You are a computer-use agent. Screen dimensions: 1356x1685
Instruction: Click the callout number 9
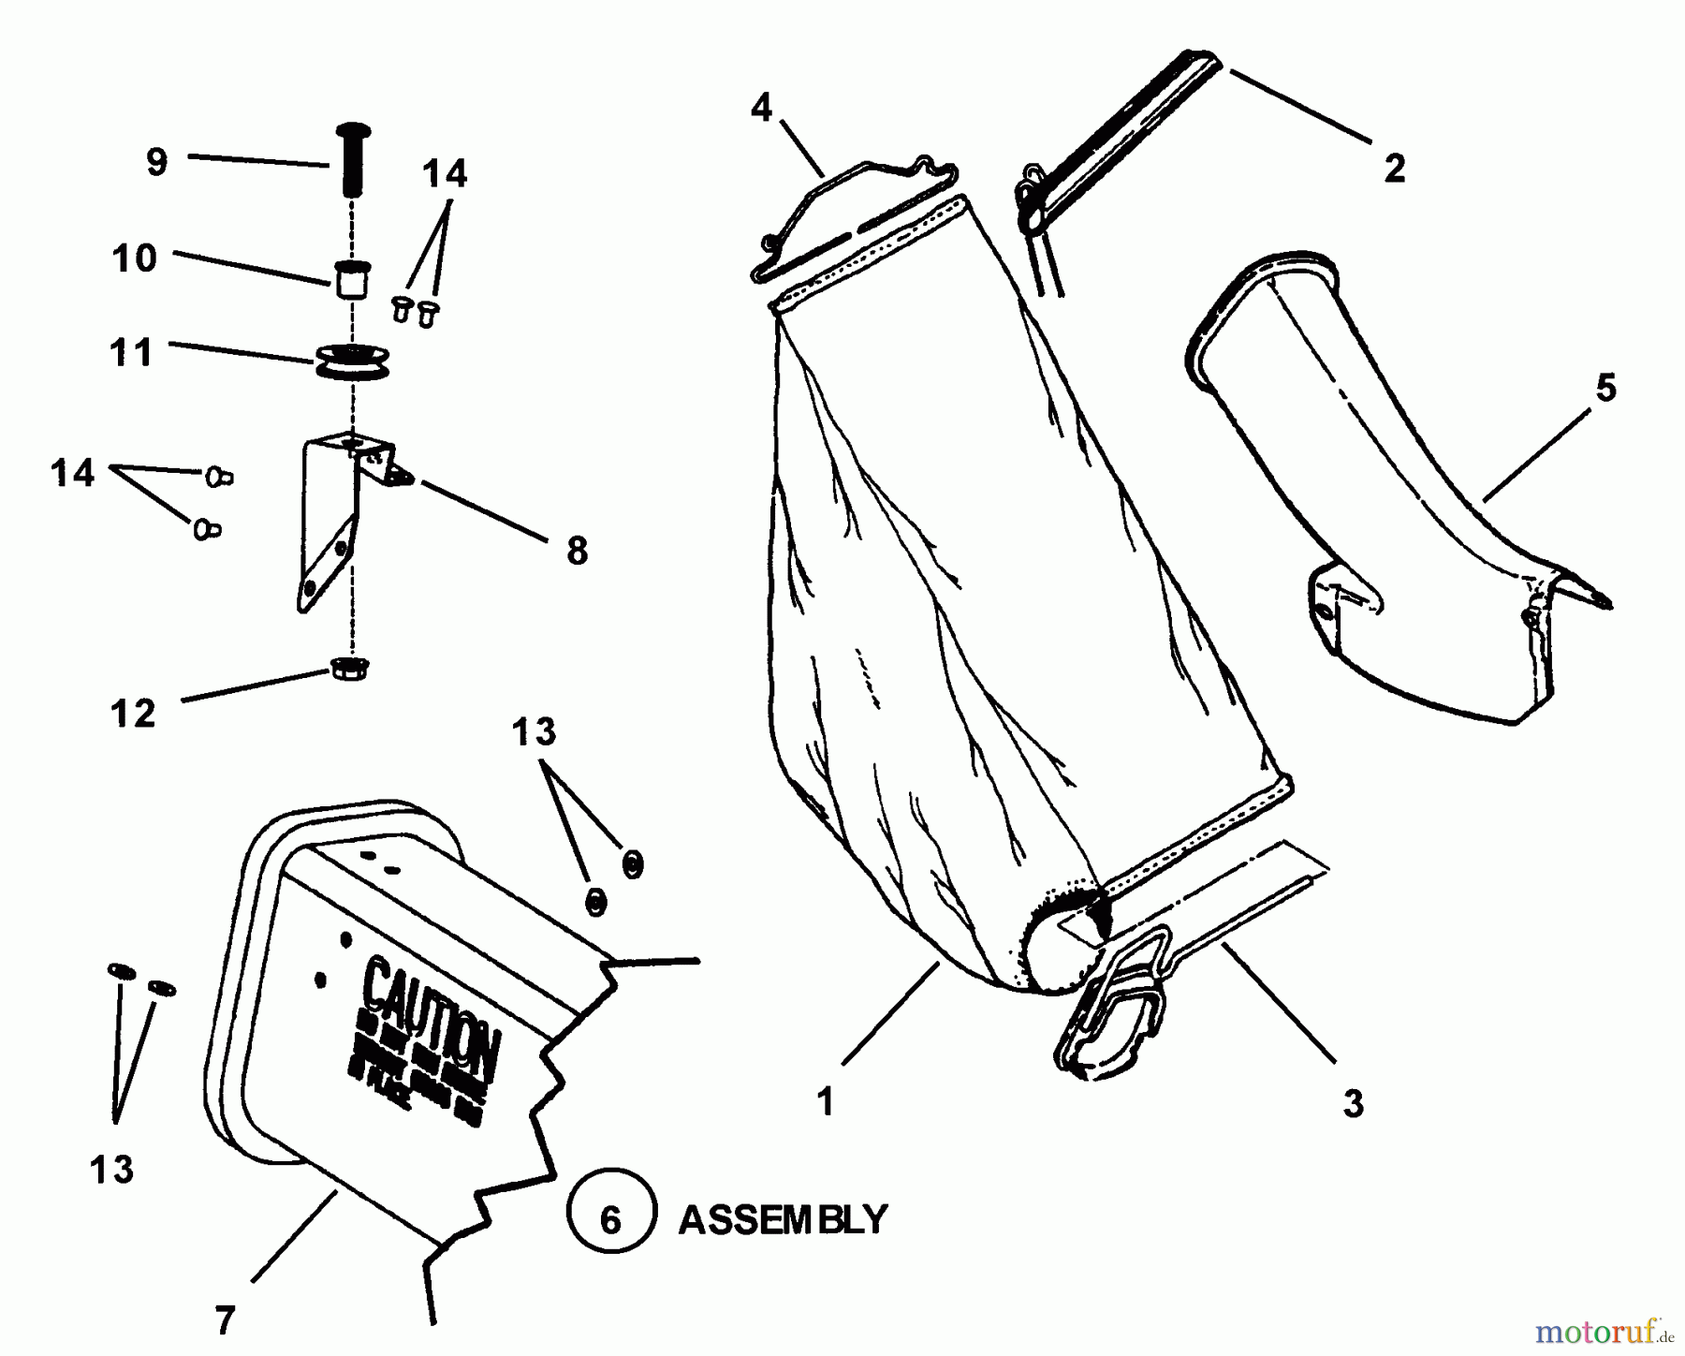tap(156, 162)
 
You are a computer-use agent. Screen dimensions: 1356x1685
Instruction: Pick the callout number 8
tap(578, 551)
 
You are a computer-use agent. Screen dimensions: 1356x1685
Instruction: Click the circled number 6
tap(610, 1220)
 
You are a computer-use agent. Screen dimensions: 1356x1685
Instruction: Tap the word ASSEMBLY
tap(782, 1219)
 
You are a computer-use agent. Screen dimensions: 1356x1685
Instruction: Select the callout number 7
tap(225, 1320)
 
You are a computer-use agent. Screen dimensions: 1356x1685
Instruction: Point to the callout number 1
tap(825, 1102)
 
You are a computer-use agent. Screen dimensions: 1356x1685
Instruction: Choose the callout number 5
tap(1606, 388)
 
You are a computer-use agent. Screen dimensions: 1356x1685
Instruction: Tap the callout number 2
tap(1394, 169)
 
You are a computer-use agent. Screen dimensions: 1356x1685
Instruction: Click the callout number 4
tap(761, 109)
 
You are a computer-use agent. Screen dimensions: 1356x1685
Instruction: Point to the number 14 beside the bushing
tap(444, 174)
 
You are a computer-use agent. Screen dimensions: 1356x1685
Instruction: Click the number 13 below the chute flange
tap(111, 1170)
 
